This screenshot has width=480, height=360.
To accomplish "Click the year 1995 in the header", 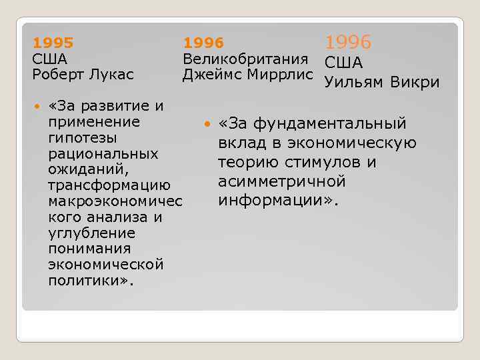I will pyautogui.click(x=53, y=43).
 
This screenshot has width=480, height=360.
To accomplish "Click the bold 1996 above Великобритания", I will pyautogui.click(x=203, y=43).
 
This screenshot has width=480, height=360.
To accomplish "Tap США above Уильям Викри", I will pyautogui.click(x=343, y=63).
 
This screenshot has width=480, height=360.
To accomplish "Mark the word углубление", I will pyautogui.click(x=91, y=233).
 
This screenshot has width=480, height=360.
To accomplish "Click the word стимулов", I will pyautogui.click(x=319, y=163).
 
